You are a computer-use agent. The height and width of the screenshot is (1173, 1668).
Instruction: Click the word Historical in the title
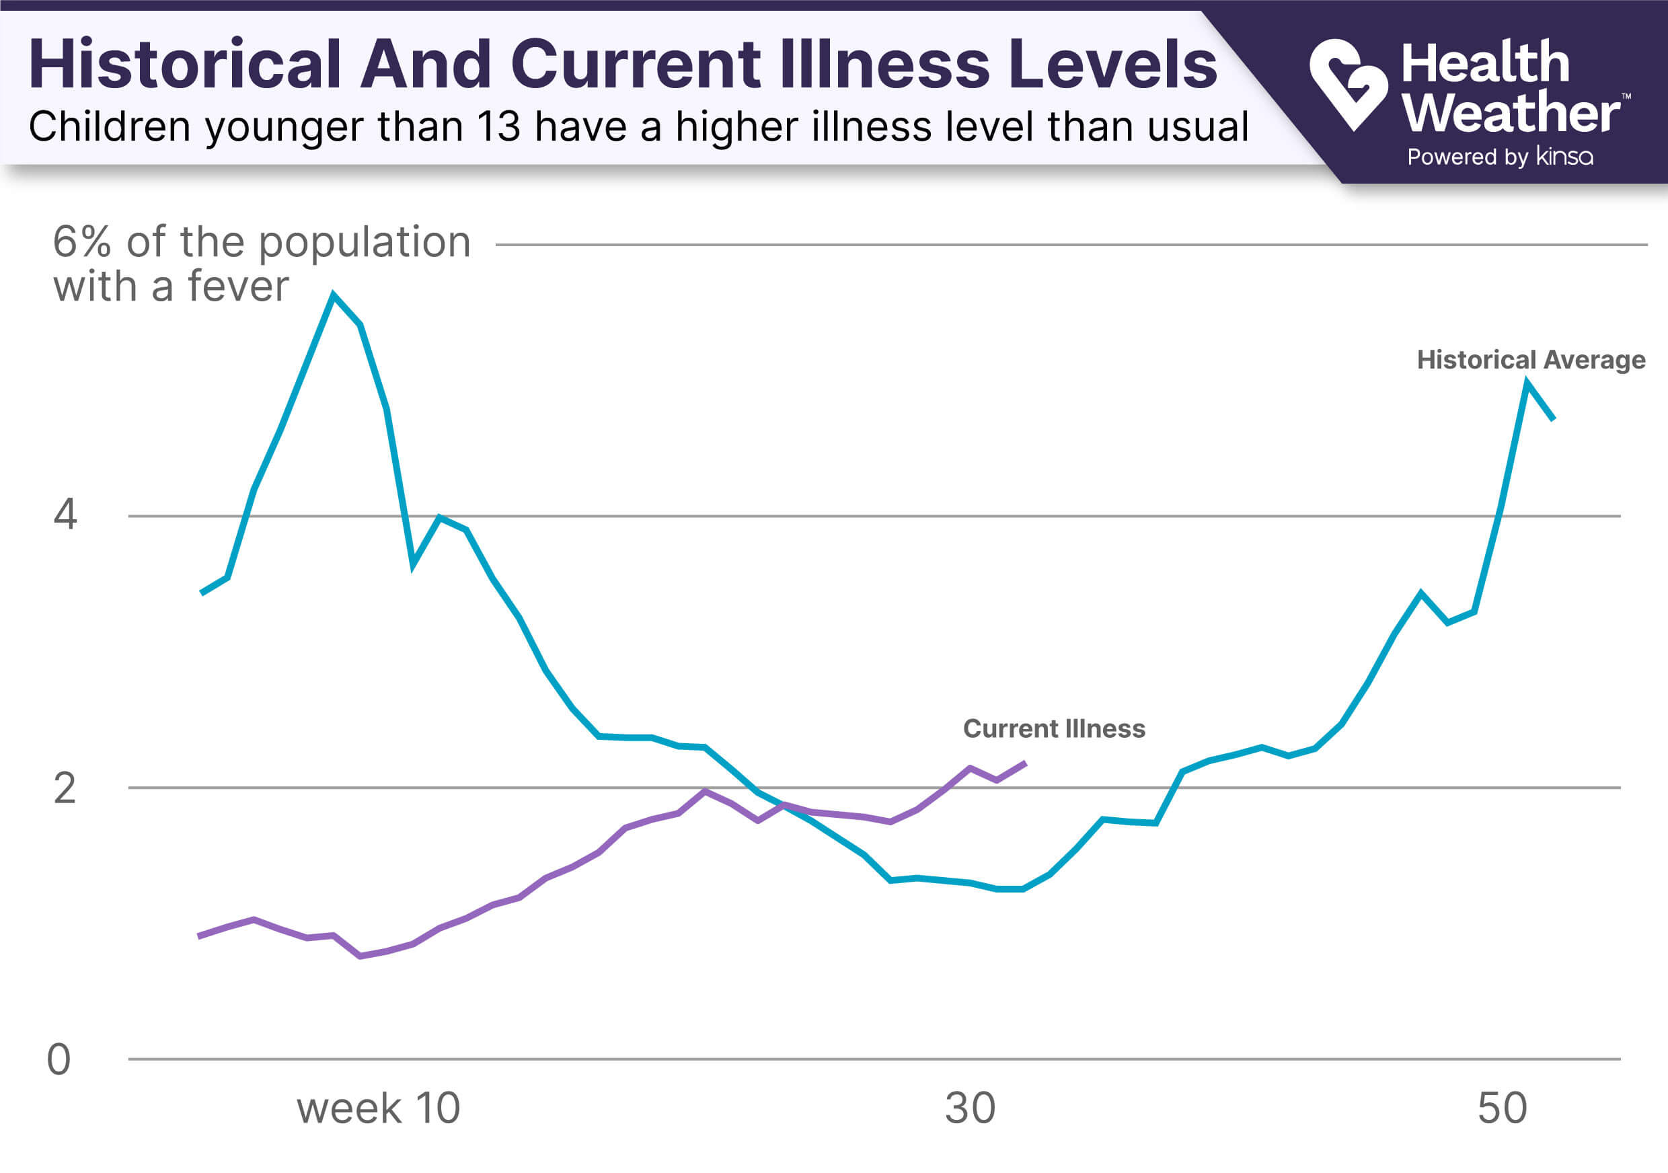[184, 64]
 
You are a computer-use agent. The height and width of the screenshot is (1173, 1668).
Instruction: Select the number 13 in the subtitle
[498, 126]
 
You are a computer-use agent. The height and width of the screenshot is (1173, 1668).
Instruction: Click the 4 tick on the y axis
[65, 515]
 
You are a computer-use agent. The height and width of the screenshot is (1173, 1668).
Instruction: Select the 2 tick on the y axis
[65, 788]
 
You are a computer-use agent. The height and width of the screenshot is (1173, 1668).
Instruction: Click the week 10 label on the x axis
[379, 1108]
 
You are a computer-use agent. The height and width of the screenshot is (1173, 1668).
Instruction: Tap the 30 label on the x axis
[970, 1108]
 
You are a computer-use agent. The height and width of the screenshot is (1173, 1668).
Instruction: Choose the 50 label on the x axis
[1502, 1108]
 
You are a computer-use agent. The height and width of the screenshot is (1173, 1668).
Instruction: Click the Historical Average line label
[1531, 360]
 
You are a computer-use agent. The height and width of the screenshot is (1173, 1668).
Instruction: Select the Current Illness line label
[1053, 728]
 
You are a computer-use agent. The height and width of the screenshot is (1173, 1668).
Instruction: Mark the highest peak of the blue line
[334, 295]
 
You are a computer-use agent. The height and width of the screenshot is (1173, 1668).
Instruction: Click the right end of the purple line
[1025, 763]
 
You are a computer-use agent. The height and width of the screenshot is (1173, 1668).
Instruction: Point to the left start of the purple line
[199, 936]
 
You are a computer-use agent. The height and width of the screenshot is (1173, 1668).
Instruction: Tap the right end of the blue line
[1553, 419]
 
